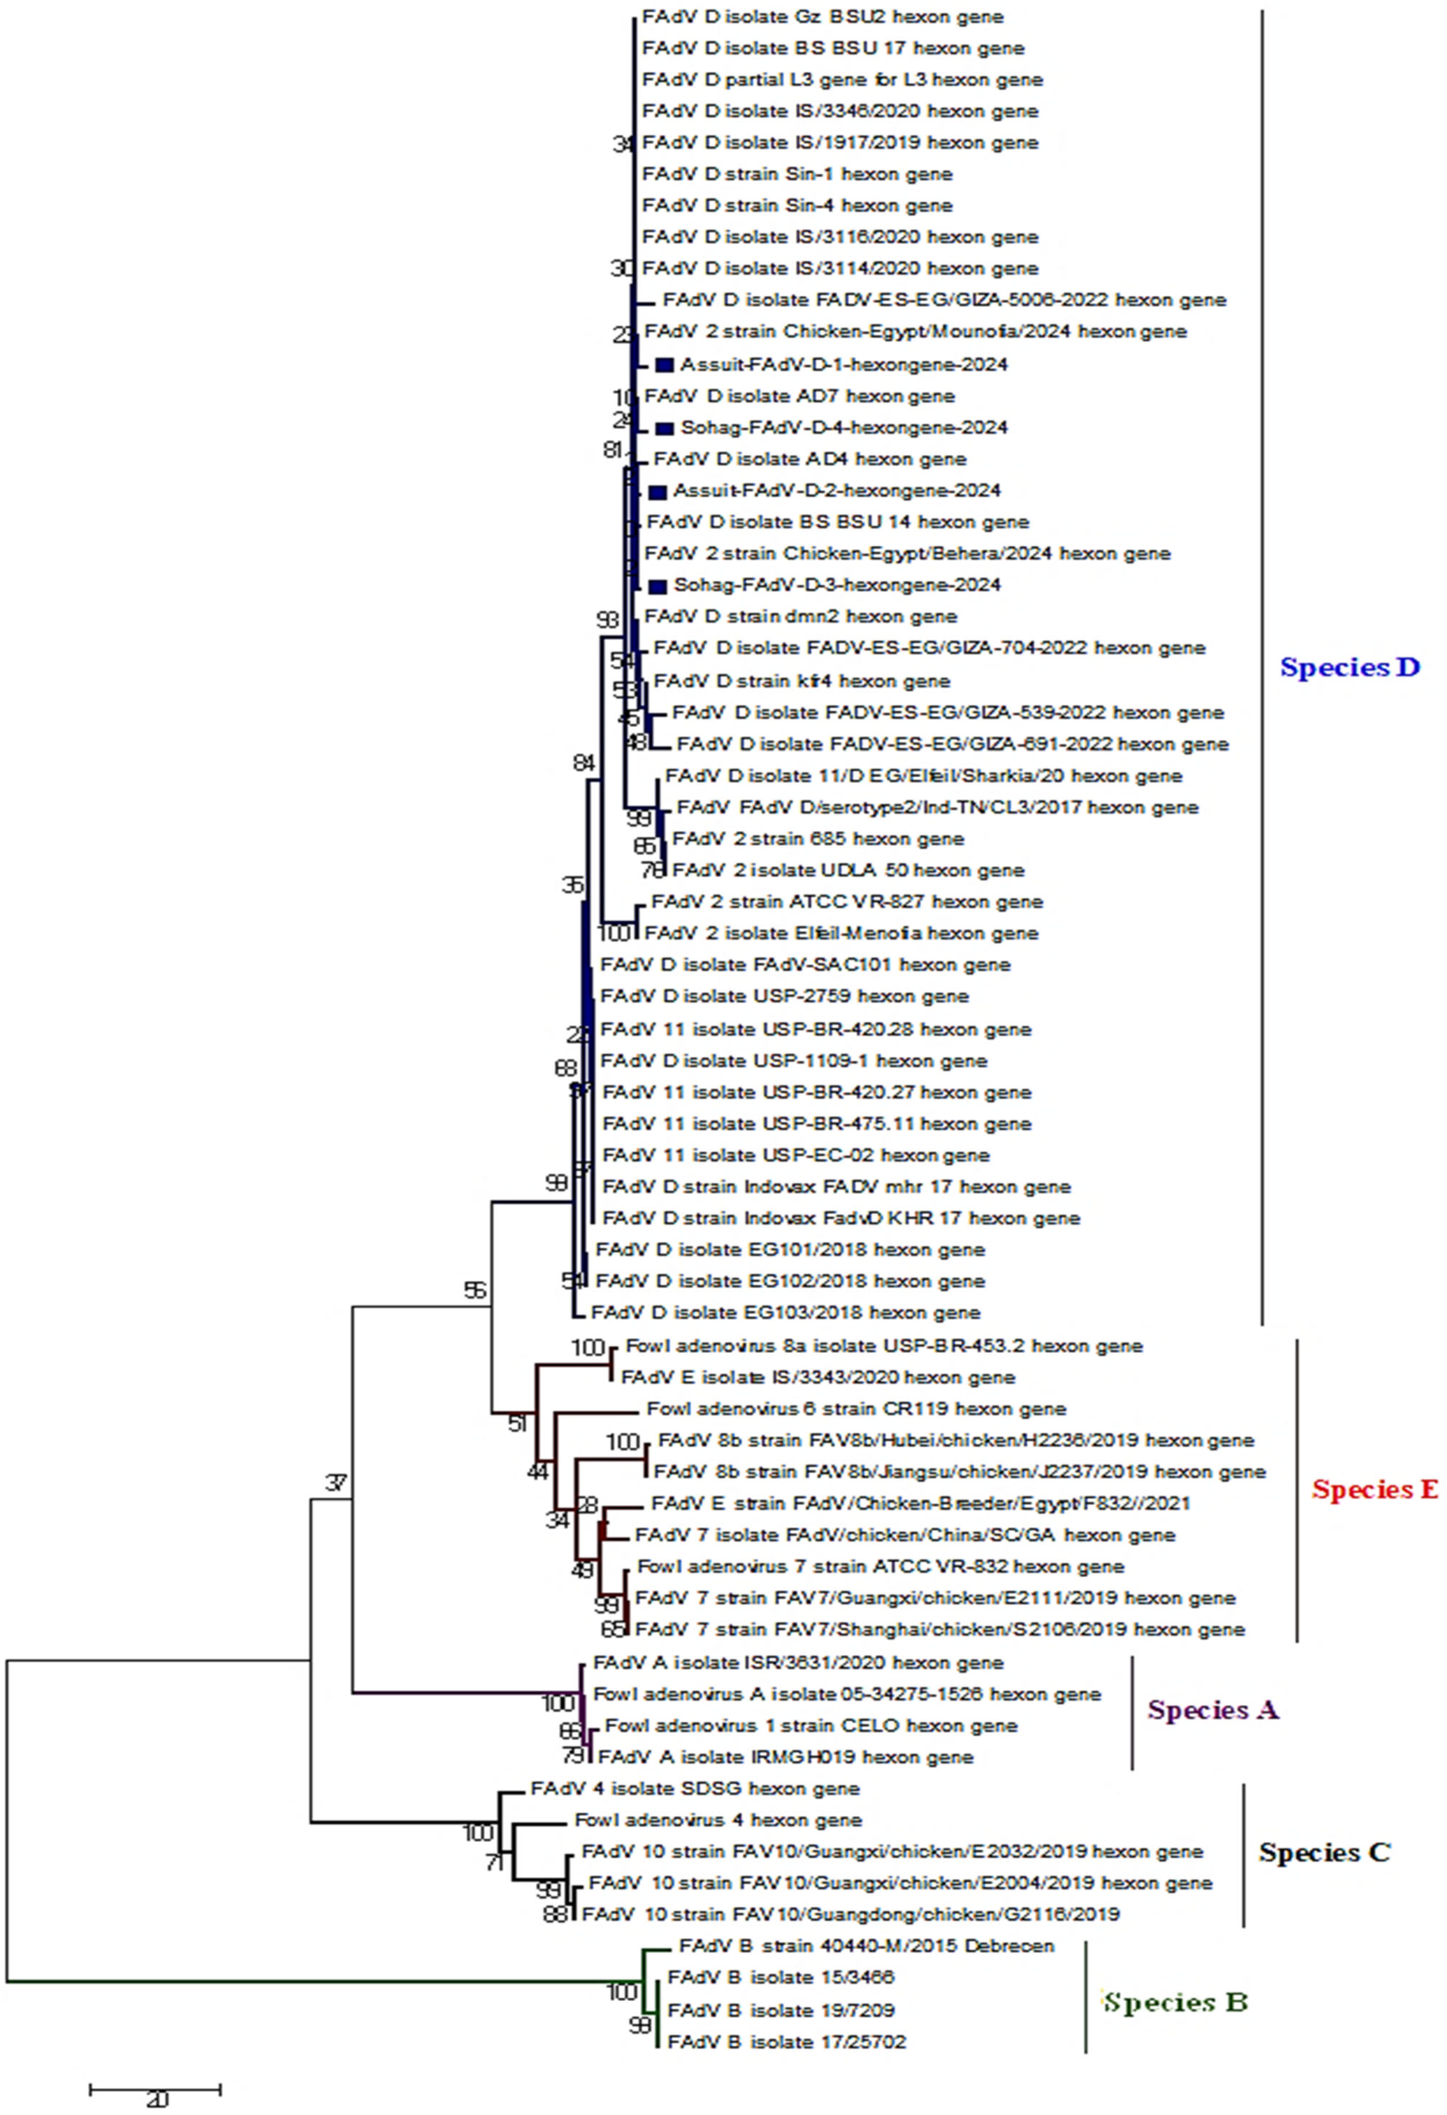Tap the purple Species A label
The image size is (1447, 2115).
pyautogui.click(x=1213, y=1710)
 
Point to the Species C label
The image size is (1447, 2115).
pyautogui.click(x=1324, y=1852)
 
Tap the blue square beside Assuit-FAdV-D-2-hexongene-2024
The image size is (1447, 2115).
pyautogui.click(x=657, y=492)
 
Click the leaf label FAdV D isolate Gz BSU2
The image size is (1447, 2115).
pyautogui.click(x=823, y=16)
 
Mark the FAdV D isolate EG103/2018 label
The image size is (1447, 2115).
pyautogui.click(x=786, y=1313)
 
